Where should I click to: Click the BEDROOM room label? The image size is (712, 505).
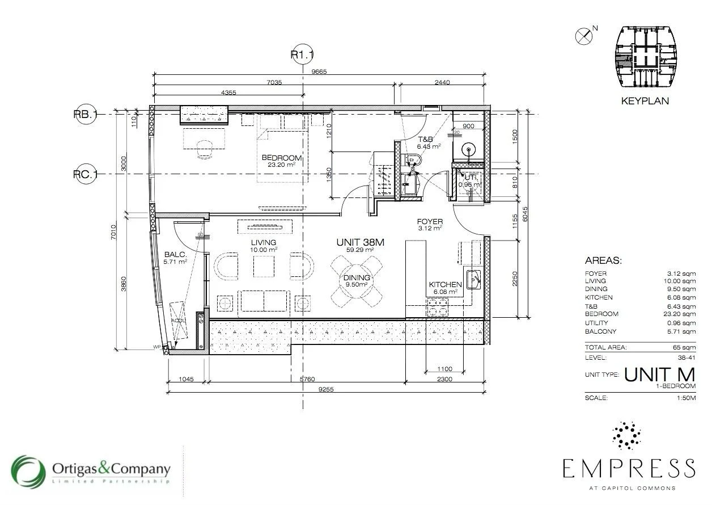(x=281, y=158)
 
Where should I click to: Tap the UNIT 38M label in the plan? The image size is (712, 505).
(x=360, y=242)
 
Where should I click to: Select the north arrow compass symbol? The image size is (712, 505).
(x=583, y=36)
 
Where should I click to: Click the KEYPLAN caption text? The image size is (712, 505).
(x=645, y=101)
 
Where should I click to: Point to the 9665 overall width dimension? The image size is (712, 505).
(x=319, y=71)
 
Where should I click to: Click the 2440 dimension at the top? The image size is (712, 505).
(x=442, y=82)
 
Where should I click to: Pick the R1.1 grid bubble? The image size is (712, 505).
(x=302, y=55)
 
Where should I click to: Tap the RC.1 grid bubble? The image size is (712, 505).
(x=86, y=174)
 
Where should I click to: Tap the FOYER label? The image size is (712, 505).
(x=430, y=222)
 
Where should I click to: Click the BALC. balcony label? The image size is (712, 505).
(x=175, y=255)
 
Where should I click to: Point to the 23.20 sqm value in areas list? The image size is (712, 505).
(x=681, y=314)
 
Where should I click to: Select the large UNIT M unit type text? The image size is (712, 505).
(x=659, y=374)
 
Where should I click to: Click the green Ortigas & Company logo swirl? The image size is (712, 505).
(x=28, y=472)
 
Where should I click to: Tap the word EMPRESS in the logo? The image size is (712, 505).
(x=629, y=469)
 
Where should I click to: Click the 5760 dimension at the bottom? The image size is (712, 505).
(x=307, y=379)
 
